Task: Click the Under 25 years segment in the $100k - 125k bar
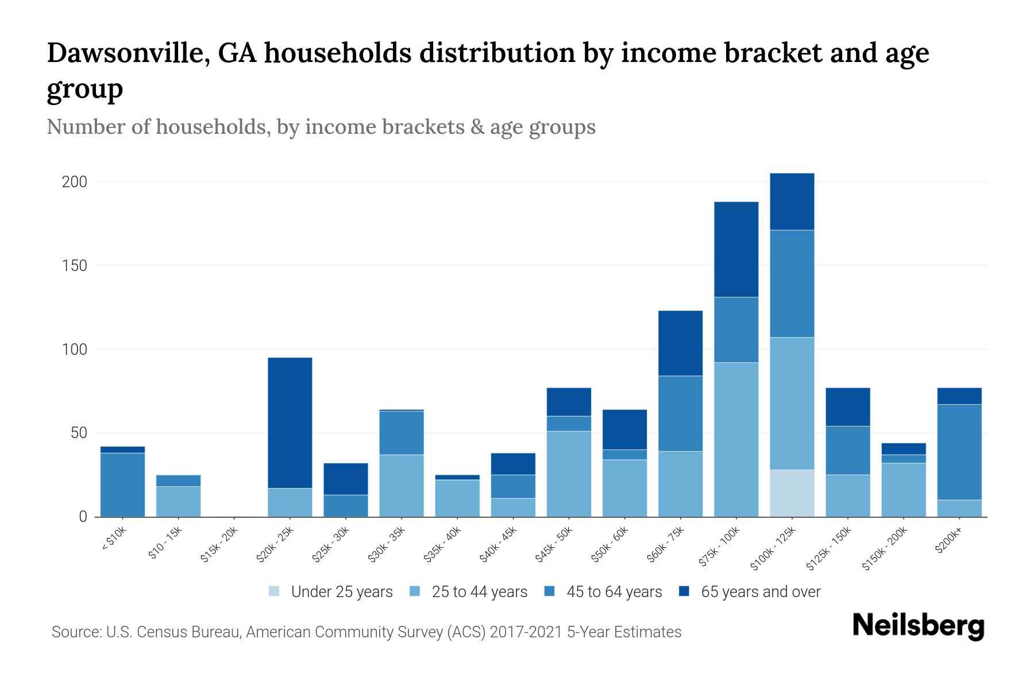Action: (792, 493)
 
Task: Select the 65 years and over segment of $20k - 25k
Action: (290, 423)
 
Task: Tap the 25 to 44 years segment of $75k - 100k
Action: (736, 439)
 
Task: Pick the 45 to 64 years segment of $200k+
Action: (959, 452)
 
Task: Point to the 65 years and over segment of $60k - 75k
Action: (680, 343)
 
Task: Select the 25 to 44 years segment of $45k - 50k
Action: (569, 473)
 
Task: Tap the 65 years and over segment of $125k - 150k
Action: (847, 407)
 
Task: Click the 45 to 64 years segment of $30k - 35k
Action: (402, 432)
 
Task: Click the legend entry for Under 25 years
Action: (331, 591)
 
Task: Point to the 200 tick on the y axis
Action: (75, 182)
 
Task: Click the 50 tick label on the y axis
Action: (79, 433)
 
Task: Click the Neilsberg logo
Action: (918, 626)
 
